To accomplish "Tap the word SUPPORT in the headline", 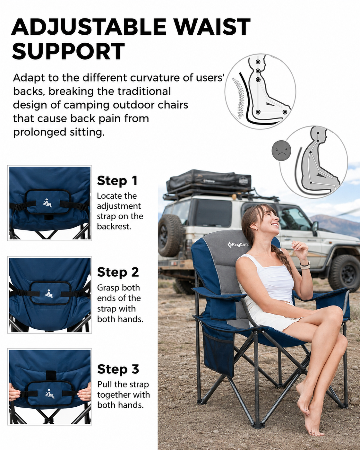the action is click(x=68, y=51).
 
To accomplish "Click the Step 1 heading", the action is click(x=117, y=180).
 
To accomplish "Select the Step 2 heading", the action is click(x=118, y=272).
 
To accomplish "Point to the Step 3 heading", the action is click(x=118, y=369).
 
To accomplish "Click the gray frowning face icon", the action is click(x=281, y=151).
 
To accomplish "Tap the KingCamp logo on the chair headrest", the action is click(x=238, y=244).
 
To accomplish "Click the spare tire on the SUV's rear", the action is click(x=170, y=235).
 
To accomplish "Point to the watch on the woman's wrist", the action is click(x=305, y=265).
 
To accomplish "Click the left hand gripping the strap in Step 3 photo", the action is click(x=15, y=394).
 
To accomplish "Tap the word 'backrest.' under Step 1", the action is click(x=114, y=227).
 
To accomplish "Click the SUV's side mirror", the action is click(x=315, y=227).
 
